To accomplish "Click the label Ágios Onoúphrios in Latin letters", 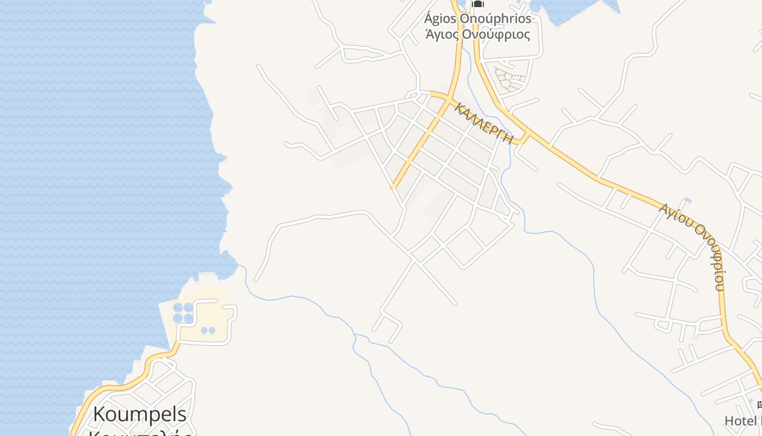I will pyautogui.click(x=477, y=19).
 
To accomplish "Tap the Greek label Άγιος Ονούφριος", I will pyautogui.click(x=477, y=34).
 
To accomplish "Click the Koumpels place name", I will pyautogui.click(x=140, y=414).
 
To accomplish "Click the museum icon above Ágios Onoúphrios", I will pyautogui.click(x=477, y=4).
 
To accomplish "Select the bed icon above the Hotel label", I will pyautogui.click(x=760, y=404).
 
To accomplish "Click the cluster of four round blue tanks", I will pyautogui.click(x=183, y=313).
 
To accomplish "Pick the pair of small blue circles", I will pyautogui.click(x=208, y=330).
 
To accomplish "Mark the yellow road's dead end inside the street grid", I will pyautogui.click(x=393, y=186).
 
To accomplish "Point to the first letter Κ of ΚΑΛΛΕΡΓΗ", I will pyautogui.click(x=459, y=106).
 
